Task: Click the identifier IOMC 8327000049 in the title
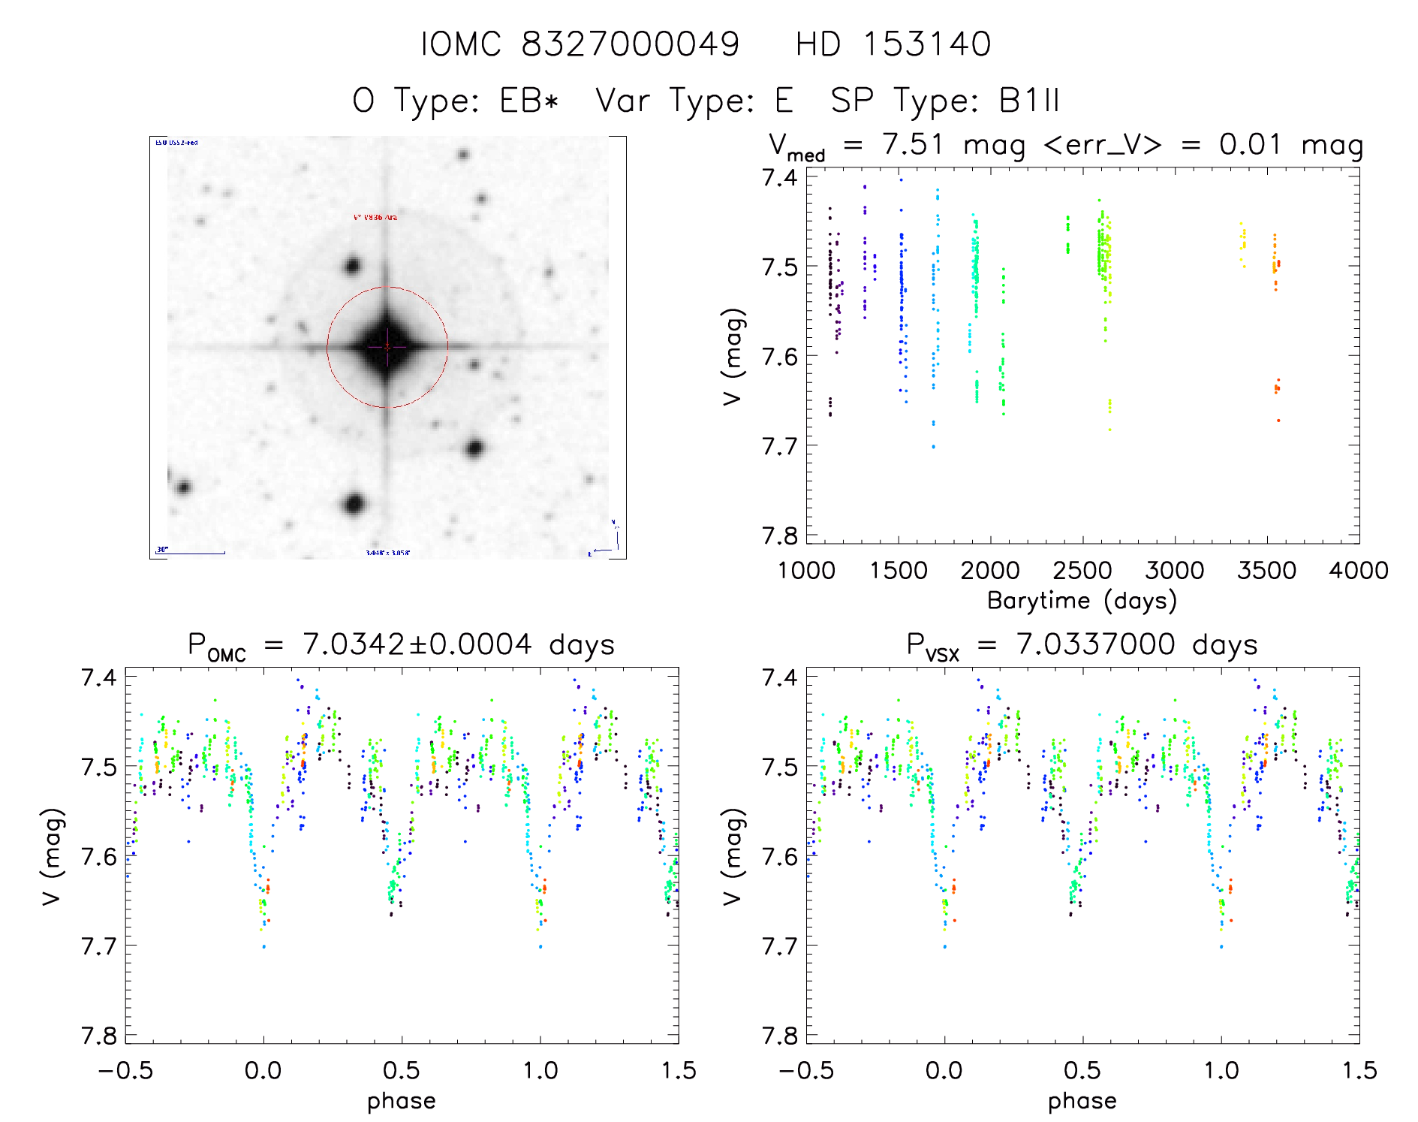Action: point(580,44)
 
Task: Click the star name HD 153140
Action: point(893,44)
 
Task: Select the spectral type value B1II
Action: point(1029,101)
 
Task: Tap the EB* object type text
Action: point(530,101)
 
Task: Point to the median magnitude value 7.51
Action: point(913,144)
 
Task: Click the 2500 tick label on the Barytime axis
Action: point(1082,571)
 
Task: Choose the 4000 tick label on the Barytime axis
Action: point(1358,571)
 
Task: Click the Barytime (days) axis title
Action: point(1082,601)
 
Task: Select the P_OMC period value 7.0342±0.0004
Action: point(417,644)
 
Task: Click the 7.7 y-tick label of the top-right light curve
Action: point(779,446)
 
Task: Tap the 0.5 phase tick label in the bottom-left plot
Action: point(402,1071)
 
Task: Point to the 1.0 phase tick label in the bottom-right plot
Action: point(1221,1071)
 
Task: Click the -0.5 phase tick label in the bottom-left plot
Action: point(125,1071)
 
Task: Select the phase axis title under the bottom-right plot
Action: point(1082,1101)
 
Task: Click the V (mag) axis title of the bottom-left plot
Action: point(52,856)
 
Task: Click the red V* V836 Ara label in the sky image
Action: point(375,217)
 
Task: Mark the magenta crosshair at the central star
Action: point(387,346)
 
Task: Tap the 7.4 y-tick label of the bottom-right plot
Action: point(779,677)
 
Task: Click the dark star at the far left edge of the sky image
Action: point(182,487)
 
